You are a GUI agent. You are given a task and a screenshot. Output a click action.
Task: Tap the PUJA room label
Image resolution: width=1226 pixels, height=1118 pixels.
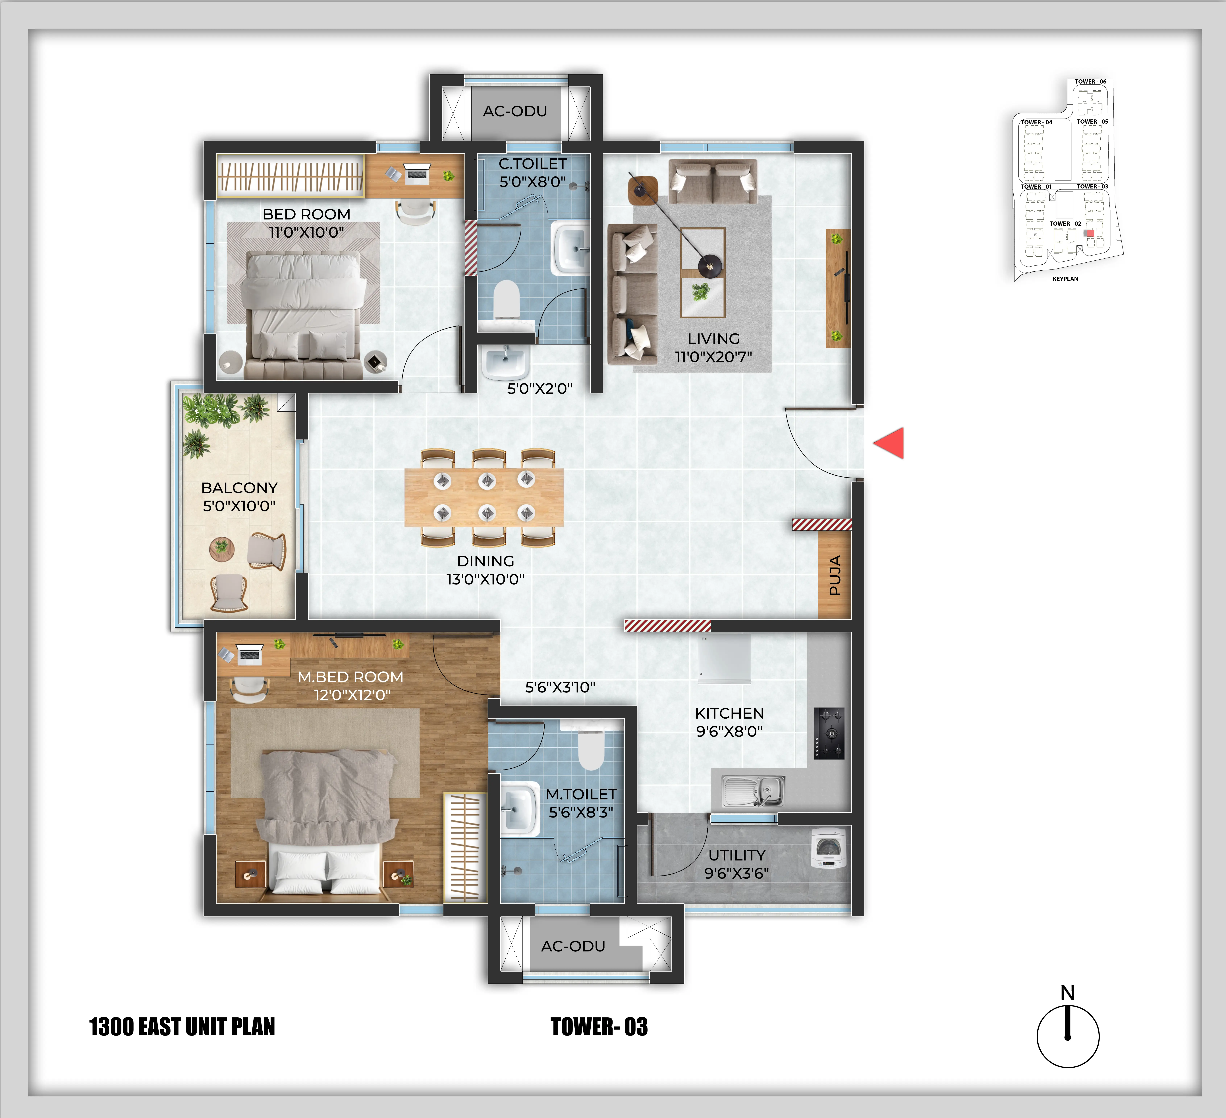[835, 575]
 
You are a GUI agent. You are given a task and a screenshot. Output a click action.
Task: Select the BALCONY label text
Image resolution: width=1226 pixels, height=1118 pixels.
[239, 488]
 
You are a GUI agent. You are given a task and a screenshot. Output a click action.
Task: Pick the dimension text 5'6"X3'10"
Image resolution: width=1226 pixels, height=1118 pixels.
[560, 687]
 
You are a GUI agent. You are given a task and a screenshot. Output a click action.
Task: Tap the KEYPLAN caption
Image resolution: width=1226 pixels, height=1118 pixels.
[1065, 279]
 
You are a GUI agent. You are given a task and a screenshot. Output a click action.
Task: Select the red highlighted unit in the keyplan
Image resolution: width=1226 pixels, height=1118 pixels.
[1090, 233]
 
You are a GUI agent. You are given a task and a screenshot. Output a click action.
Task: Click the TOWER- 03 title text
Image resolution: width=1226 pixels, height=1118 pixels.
[599, 1027]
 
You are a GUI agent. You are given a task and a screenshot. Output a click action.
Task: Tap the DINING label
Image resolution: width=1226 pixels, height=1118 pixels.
[485, 561]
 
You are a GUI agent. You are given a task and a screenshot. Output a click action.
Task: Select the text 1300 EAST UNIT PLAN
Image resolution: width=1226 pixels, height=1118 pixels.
[182, 1027]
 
